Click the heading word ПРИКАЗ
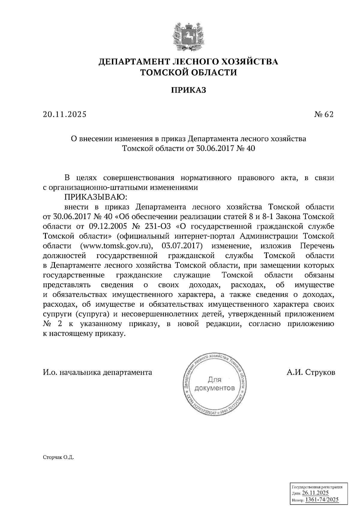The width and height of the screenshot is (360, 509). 189,90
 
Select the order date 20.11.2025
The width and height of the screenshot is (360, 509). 64,115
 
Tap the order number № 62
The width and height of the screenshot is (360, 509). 324,115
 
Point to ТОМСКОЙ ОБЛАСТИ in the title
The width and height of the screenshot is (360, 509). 189,72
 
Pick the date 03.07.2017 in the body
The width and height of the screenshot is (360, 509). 182,246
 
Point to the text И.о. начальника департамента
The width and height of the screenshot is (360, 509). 97,372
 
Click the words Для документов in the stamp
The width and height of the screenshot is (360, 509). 214,384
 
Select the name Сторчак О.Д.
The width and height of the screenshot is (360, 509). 58,457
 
